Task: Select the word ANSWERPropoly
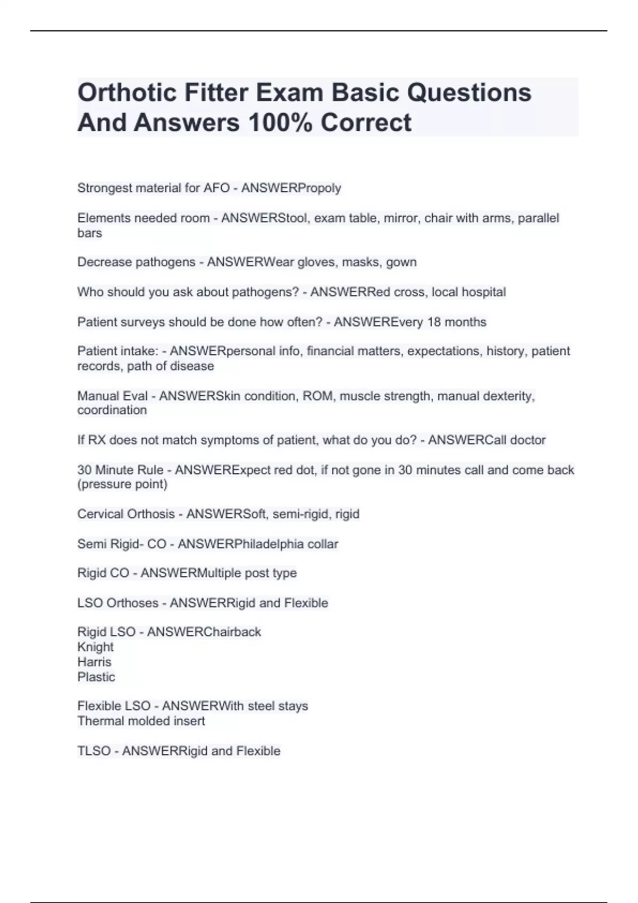[x=291, y=188]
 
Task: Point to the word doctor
[x=527, y=440]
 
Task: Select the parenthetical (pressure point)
[x=122, y=484]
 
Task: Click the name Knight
[x=95, y=647]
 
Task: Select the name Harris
[x=94, y=662]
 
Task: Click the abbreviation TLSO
[x=94, y=751]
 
